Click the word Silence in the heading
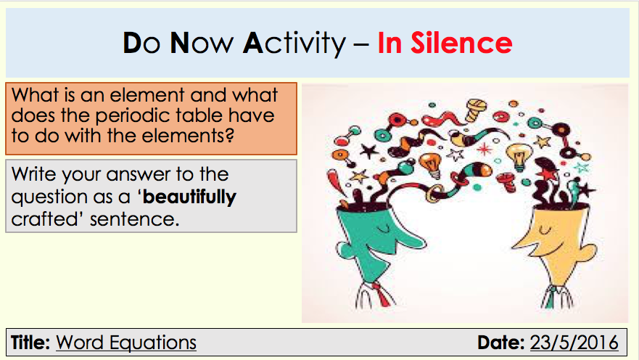(461, 43)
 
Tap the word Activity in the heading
(294, 44)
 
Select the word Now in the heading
(202, 43)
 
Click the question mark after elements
(229, 135)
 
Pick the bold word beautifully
(189, 197)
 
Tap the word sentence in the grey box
(134, 219)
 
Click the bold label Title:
(30, 342)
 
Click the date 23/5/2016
(574, 343)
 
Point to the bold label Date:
(501, 342)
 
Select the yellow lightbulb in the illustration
(519, 156)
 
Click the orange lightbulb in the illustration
(431, 164)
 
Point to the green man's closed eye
(384, 229)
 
